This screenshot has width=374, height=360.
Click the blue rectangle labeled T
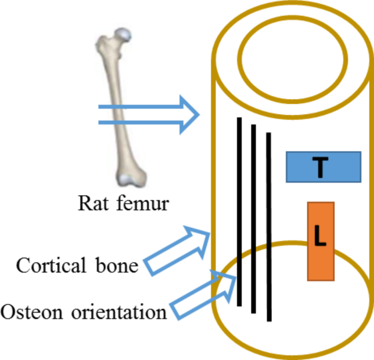point(323,167)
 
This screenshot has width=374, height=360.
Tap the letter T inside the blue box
point(320,167)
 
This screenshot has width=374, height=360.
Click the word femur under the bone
point(145,204)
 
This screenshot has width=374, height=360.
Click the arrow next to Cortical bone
point(177,250)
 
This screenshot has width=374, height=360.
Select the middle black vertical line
point(253,219)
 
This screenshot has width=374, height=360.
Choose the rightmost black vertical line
point(268,226)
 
